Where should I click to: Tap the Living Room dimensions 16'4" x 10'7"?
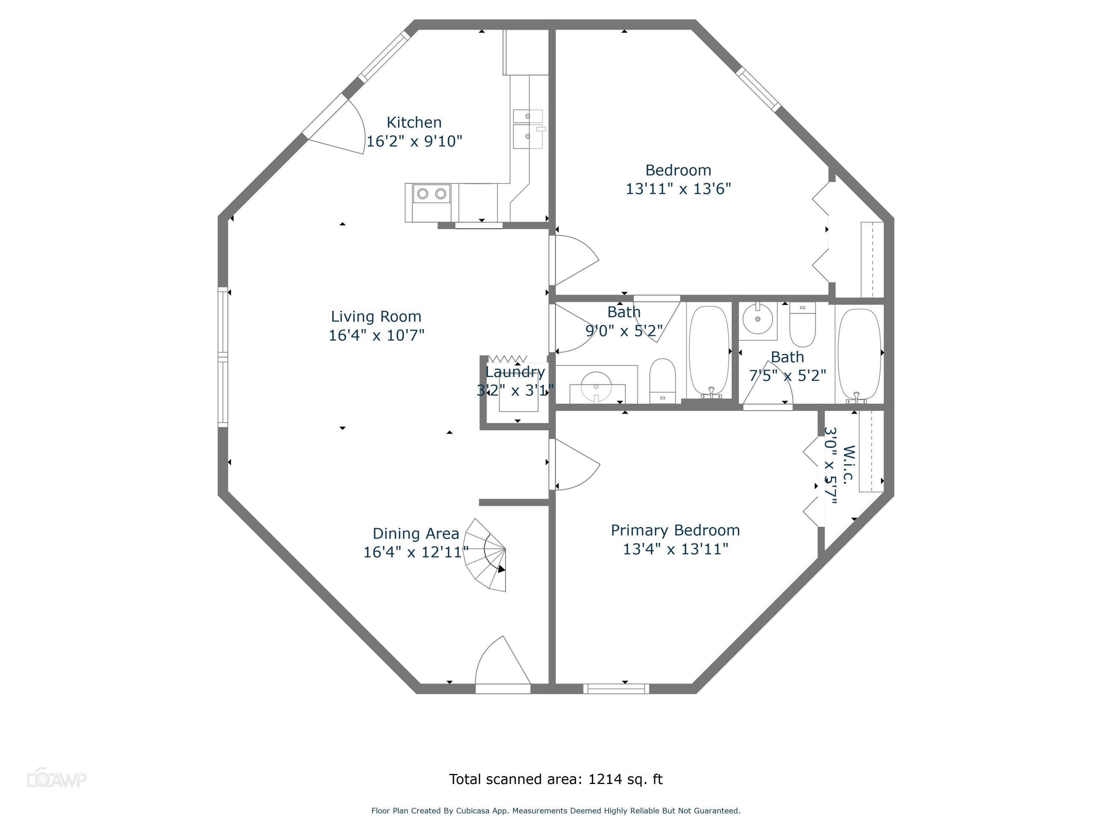tap(377, 335)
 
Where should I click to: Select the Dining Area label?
tap(416, 534)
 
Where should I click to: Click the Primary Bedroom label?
tap(675, 530)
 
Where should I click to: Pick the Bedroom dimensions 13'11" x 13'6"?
tap(678, 189)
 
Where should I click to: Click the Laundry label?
tap(515, 372)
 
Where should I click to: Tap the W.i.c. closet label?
tap(848, 464)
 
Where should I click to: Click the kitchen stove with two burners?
tap(432, 193)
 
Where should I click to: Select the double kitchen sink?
tap(528, 129)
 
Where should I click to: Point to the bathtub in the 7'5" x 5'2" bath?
tap(859, 354)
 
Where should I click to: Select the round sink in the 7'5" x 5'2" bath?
tap(758, 319)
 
